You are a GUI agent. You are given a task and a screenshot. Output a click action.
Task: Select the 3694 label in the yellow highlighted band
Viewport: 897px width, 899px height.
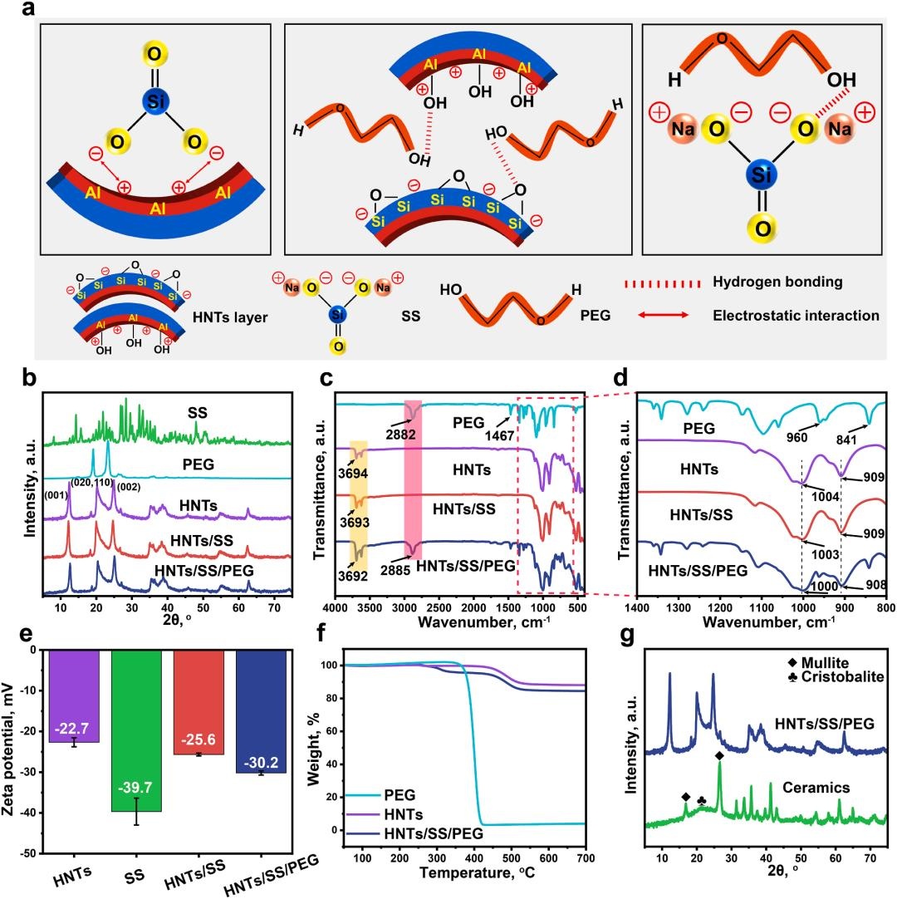click(351, 470)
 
